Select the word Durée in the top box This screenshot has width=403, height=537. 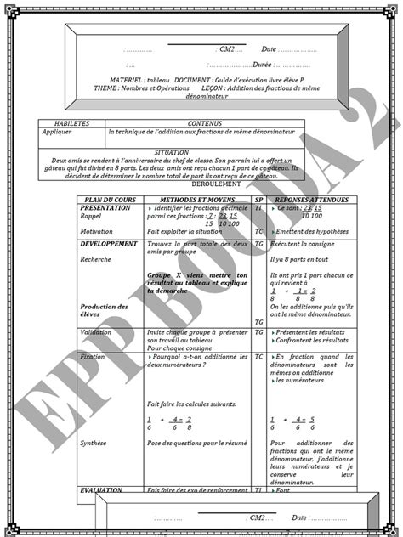pos(262,64)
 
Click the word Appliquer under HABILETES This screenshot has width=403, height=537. pos(59,132)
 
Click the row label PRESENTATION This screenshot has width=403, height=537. pos(105,206)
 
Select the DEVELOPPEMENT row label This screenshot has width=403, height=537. pos(108,243)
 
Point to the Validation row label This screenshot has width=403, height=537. pos(95,332)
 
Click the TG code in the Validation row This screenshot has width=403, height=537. pos(258,332)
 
